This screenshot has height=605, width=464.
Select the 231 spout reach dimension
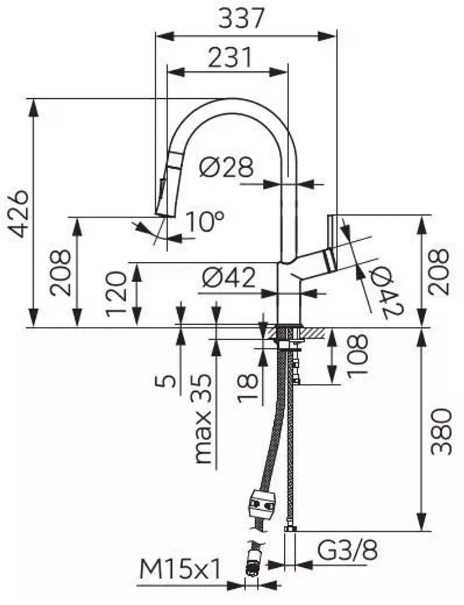point(230,58)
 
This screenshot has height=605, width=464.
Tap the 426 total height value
point(19,213)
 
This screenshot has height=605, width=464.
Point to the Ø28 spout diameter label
point(226,168)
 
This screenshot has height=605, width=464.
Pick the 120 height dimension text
point(117,294)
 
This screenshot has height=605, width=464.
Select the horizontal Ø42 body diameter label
point(228,277)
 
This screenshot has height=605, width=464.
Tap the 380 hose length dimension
point(441,431)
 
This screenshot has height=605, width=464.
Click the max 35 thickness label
point(204,419)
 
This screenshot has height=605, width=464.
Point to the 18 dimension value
point(250,388)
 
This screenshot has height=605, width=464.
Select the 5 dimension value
point(169,380)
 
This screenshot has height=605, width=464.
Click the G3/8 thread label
point(347,550)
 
